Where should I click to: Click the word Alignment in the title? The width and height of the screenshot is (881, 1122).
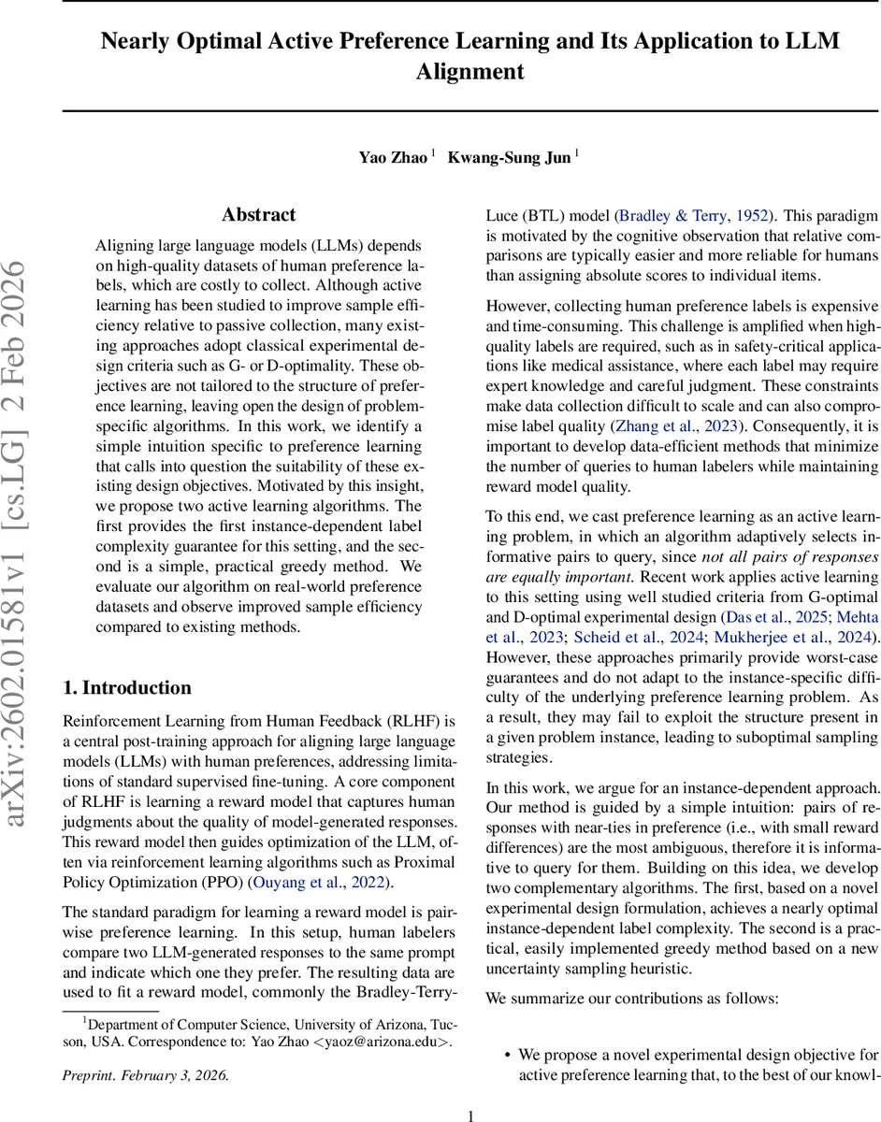(x=469, y=72)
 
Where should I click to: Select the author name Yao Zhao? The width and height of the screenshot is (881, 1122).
(x=394, y=157)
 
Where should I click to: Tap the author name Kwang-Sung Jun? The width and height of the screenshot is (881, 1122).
(x=509, y=157)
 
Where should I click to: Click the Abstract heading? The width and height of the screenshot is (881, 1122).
(x=259, y=215)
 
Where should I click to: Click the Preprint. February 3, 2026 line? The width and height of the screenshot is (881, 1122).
(x=145, y=1074)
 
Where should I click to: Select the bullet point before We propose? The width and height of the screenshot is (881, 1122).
(x=506, y=1055)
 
